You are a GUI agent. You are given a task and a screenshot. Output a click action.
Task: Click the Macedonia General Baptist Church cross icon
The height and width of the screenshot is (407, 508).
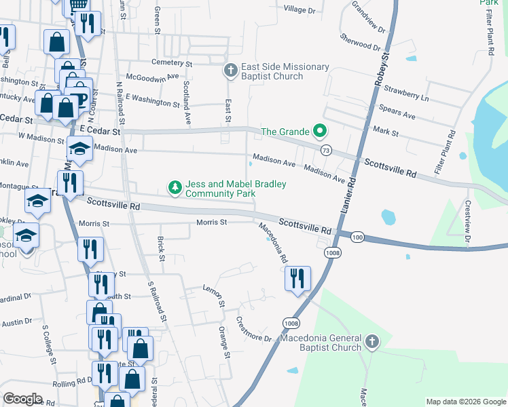pyautogui.click(x=371, y=342)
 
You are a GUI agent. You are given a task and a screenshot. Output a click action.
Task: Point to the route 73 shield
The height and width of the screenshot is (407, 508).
pyautogui.click(x=327, y=151)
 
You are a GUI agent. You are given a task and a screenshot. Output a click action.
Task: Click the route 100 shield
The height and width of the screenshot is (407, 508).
pyautogui.click(x=358, y=237)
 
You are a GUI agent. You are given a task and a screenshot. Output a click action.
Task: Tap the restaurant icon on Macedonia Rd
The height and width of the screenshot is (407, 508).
pyautogui.click(x=297, y=279)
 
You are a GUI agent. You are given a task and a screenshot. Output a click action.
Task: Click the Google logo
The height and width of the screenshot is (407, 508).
pyautogui.click(x=22, y=399)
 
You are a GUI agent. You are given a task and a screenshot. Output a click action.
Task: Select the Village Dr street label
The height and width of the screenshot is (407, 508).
pyautogui.click(x=300, y=9)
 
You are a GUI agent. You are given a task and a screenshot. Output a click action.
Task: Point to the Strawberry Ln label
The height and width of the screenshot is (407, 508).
pyautogui.click(x=406, y=93)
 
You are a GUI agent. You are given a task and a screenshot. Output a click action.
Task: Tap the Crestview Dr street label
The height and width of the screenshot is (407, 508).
pyautogui.click(x=467, y=221)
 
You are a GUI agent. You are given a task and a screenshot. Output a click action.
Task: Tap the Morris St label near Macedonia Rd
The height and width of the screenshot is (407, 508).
pyautogui.click(x=210, y=222)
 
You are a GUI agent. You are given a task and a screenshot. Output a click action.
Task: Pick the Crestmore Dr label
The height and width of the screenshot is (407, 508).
pyautogui.click(x=253, y=329)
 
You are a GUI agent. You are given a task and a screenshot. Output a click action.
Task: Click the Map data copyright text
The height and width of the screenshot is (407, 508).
pyautogui.click(x=465, y=402)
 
